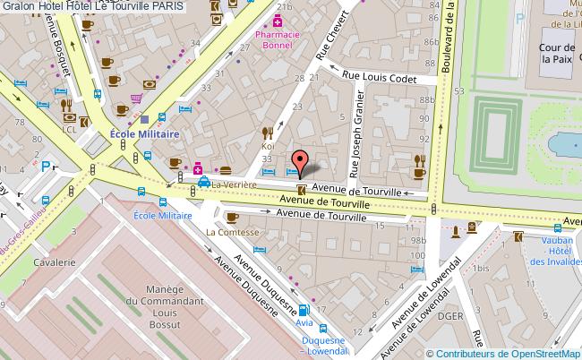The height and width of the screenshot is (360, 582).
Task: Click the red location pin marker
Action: [302, 162]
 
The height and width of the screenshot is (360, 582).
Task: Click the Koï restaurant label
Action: [267, 145]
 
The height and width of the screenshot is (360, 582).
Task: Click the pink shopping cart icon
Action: [135, 99]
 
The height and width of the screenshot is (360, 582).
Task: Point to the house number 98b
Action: [415, 241]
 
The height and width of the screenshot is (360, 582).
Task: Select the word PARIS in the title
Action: [168, 6]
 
